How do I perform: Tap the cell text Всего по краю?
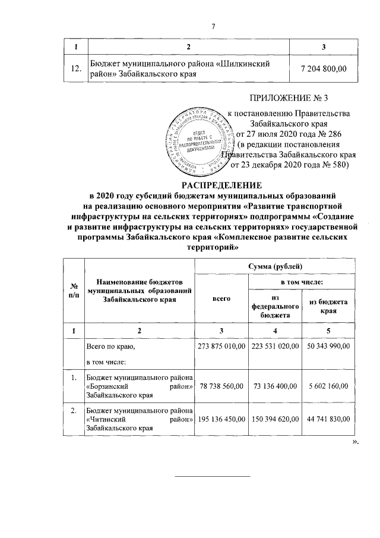(112, 346)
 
